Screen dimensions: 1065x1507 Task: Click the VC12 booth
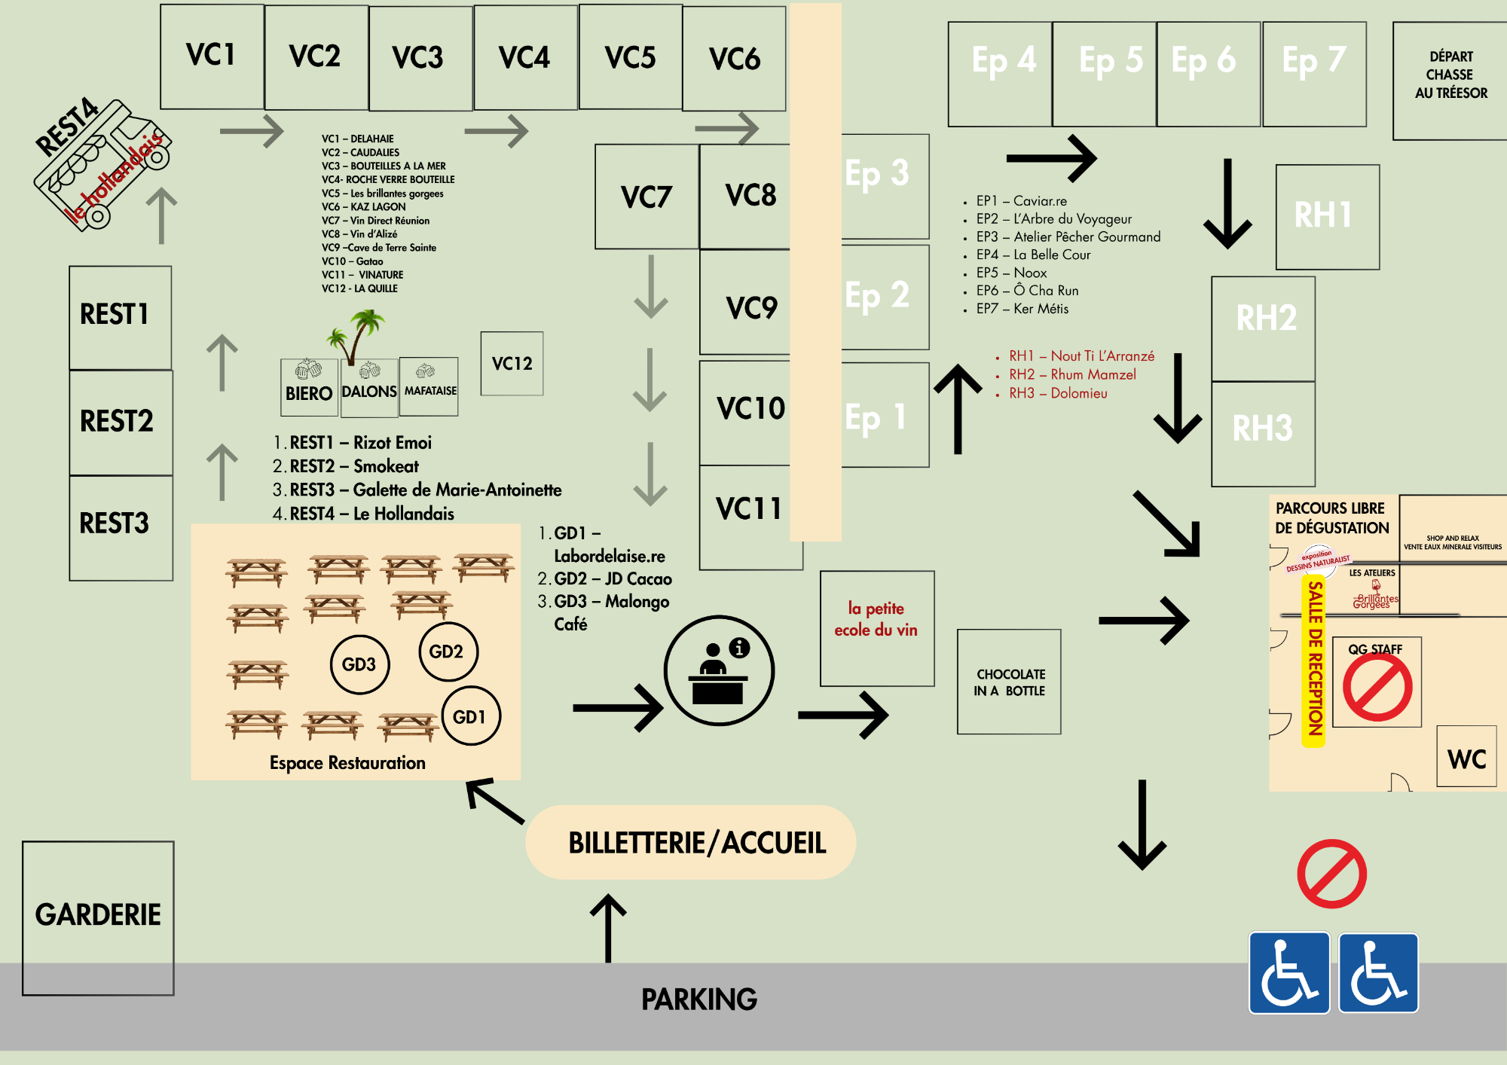click(512, 364)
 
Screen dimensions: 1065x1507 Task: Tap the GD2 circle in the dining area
click(448, 652)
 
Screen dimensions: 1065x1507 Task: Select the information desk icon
click(719, 670)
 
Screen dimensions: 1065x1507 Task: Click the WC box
click(1466, 758)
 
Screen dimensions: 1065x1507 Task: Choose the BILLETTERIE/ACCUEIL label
click(696, 843)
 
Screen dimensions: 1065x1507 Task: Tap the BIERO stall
click(309, 389)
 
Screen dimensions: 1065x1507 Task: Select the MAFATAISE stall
click(429, 387)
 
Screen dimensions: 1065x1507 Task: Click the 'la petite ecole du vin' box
click(876, 628)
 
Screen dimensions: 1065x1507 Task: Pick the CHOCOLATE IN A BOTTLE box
click(1009, 682)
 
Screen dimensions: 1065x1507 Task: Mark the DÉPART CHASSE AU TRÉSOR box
click(1450, 80)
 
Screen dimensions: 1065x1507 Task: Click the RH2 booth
click(1264, 328)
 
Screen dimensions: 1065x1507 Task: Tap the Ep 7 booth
click(1314, 74)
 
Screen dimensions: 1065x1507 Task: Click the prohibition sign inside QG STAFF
click(1377, 687)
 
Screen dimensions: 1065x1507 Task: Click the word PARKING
click(698, 999)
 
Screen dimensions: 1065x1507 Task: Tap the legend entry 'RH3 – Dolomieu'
click(1058, 393)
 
